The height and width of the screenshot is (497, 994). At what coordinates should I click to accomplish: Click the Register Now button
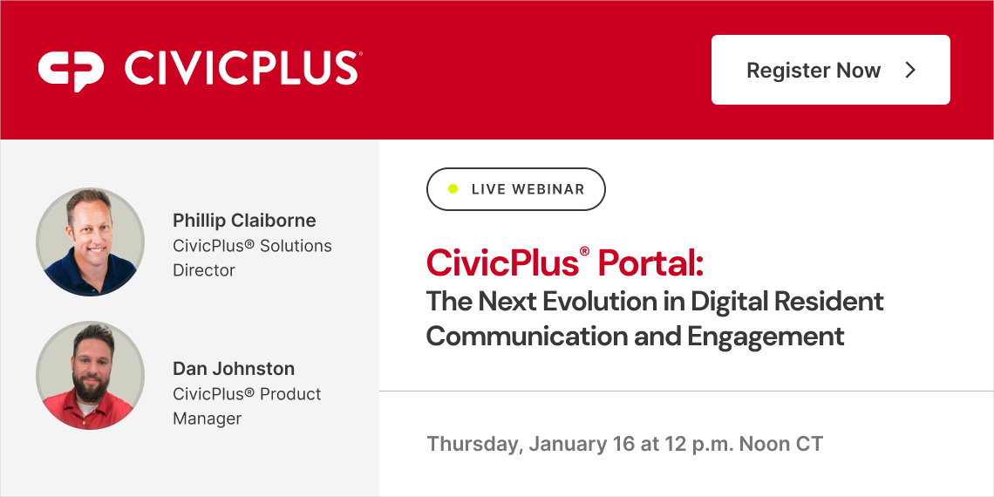[x=830, y=70]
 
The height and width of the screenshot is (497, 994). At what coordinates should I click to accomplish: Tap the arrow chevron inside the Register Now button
[x=910, y=71]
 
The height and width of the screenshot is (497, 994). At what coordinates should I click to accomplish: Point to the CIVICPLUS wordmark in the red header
[x=242, y=69]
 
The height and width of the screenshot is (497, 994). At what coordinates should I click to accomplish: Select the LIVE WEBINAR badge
[x=515, y=189]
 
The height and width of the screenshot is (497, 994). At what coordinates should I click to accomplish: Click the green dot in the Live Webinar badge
[x=453, y=189]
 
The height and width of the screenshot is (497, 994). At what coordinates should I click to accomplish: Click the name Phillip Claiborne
[x=244, y=221]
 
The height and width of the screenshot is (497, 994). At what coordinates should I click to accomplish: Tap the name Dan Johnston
[x=234, y=369]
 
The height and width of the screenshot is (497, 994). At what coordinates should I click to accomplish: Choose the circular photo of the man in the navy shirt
[x=90, y=242]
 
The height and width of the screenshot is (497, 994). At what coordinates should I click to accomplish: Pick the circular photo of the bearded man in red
[x=90, y=376]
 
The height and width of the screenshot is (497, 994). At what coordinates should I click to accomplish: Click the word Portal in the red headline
[x=650, y=262]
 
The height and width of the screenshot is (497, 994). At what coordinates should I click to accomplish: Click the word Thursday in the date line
[x=473, y=444]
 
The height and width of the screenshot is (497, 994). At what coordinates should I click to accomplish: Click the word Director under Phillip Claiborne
[x=204, y=270]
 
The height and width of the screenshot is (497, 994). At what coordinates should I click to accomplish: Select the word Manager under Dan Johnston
[x=208, y=419]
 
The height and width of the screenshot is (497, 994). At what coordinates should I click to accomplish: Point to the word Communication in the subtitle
[x=527, y=336]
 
